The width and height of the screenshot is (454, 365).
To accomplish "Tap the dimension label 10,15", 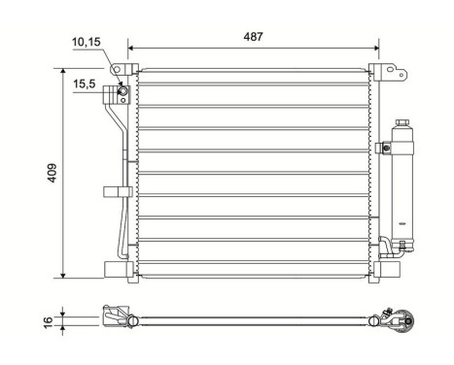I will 86,42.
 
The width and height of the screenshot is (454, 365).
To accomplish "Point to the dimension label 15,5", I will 85,85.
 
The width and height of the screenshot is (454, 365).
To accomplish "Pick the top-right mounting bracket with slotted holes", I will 387,72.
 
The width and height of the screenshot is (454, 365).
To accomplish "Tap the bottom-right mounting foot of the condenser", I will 387,268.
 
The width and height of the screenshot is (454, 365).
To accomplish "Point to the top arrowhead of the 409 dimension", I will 64,72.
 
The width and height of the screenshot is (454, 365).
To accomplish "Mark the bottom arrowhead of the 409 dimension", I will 64,274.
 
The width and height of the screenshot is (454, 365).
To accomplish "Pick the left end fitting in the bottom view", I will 113,316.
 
